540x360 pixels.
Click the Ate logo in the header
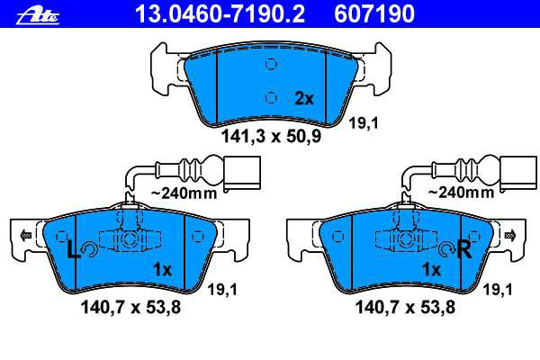(x=38, y=16)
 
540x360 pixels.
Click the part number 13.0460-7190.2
(x=220, y=13)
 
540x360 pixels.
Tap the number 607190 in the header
(x=374, y=13)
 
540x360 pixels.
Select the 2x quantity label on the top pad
(x=304, y=99)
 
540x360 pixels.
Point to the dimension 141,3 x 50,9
(x=272, y=136)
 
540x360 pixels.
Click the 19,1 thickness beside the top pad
(x=364, y=123)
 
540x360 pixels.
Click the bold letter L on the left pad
(x=73, y=250)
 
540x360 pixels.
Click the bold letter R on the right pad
(x=463, y=250)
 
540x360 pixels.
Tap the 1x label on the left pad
(x=163, y=269)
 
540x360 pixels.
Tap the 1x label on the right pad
(x=431, y=269)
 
